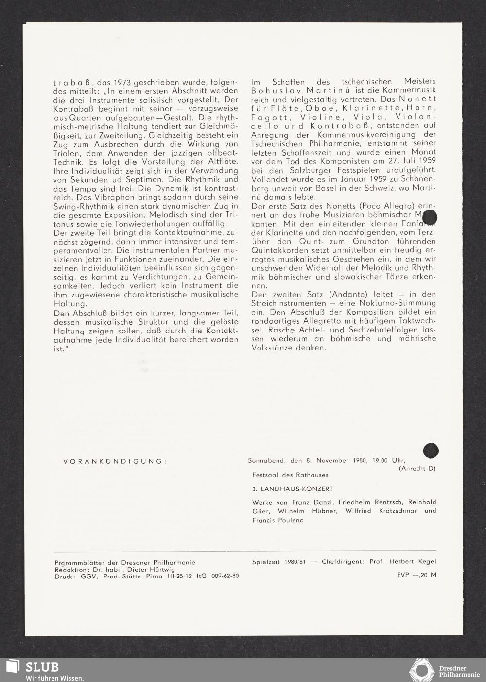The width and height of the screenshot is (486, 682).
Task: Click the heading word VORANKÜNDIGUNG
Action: (115, 461)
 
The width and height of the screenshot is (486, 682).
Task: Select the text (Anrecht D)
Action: (417, 469)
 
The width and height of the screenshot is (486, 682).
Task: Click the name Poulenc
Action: (291, 520)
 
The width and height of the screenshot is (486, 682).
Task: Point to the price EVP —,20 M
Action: (417, 575)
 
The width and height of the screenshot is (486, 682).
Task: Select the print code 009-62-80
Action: (225, 576)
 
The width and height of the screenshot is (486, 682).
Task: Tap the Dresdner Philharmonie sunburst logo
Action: (421, 669)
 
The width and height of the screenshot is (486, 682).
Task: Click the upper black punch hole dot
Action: (430, 218)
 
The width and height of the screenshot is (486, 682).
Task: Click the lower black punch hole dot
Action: (431, 451)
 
